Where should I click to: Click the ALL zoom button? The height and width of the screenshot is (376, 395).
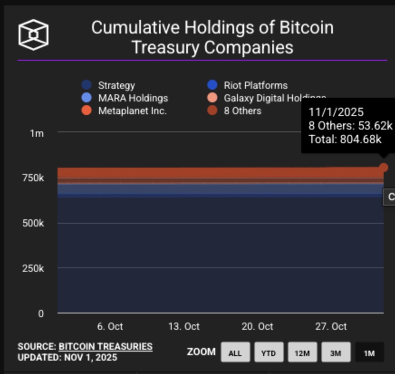tap(235, 353)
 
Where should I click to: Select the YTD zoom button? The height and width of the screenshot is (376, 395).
tap(268, 353)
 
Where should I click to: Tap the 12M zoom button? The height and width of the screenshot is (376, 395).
tap(302, 353)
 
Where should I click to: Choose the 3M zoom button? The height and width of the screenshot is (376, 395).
tap(335, 353)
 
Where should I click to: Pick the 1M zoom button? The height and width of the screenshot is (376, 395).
tap(369, 353)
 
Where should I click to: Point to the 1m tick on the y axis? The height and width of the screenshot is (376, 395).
tap(37, 134)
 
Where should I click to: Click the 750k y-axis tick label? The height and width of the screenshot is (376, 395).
tap(34, 178)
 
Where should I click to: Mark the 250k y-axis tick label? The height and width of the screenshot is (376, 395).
tap(34, 268)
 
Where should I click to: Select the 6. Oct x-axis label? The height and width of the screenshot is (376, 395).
tap(110, 326)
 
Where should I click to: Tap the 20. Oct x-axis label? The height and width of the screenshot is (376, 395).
tap(257, 326)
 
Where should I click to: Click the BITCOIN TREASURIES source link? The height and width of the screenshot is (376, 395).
tap(106, 347)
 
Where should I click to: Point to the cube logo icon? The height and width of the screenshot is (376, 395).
tap(33, 34)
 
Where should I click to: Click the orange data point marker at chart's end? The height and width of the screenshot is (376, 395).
tap(384, 168)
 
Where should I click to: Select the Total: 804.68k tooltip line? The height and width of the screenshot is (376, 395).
tap(345, 139)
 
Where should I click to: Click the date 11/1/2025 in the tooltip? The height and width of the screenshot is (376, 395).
tap(336, 112)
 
